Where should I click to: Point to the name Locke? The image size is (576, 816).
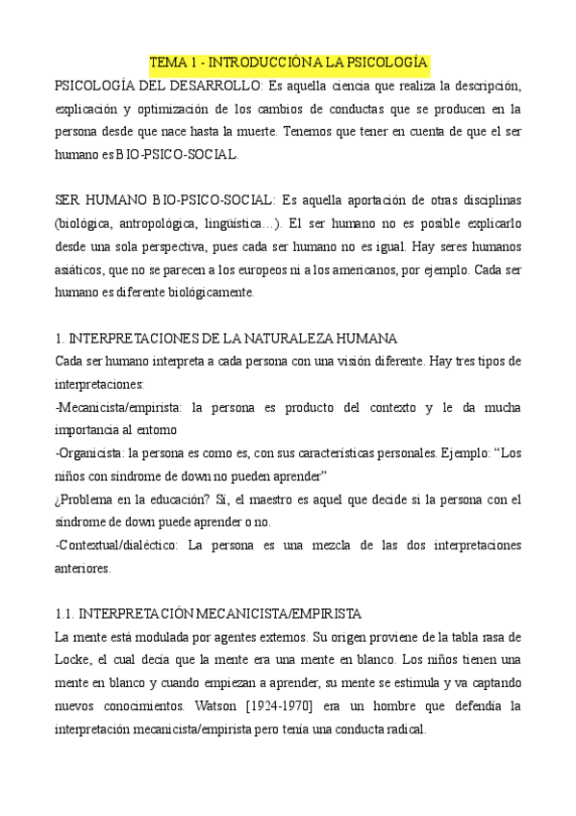(x=75, y=660)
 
